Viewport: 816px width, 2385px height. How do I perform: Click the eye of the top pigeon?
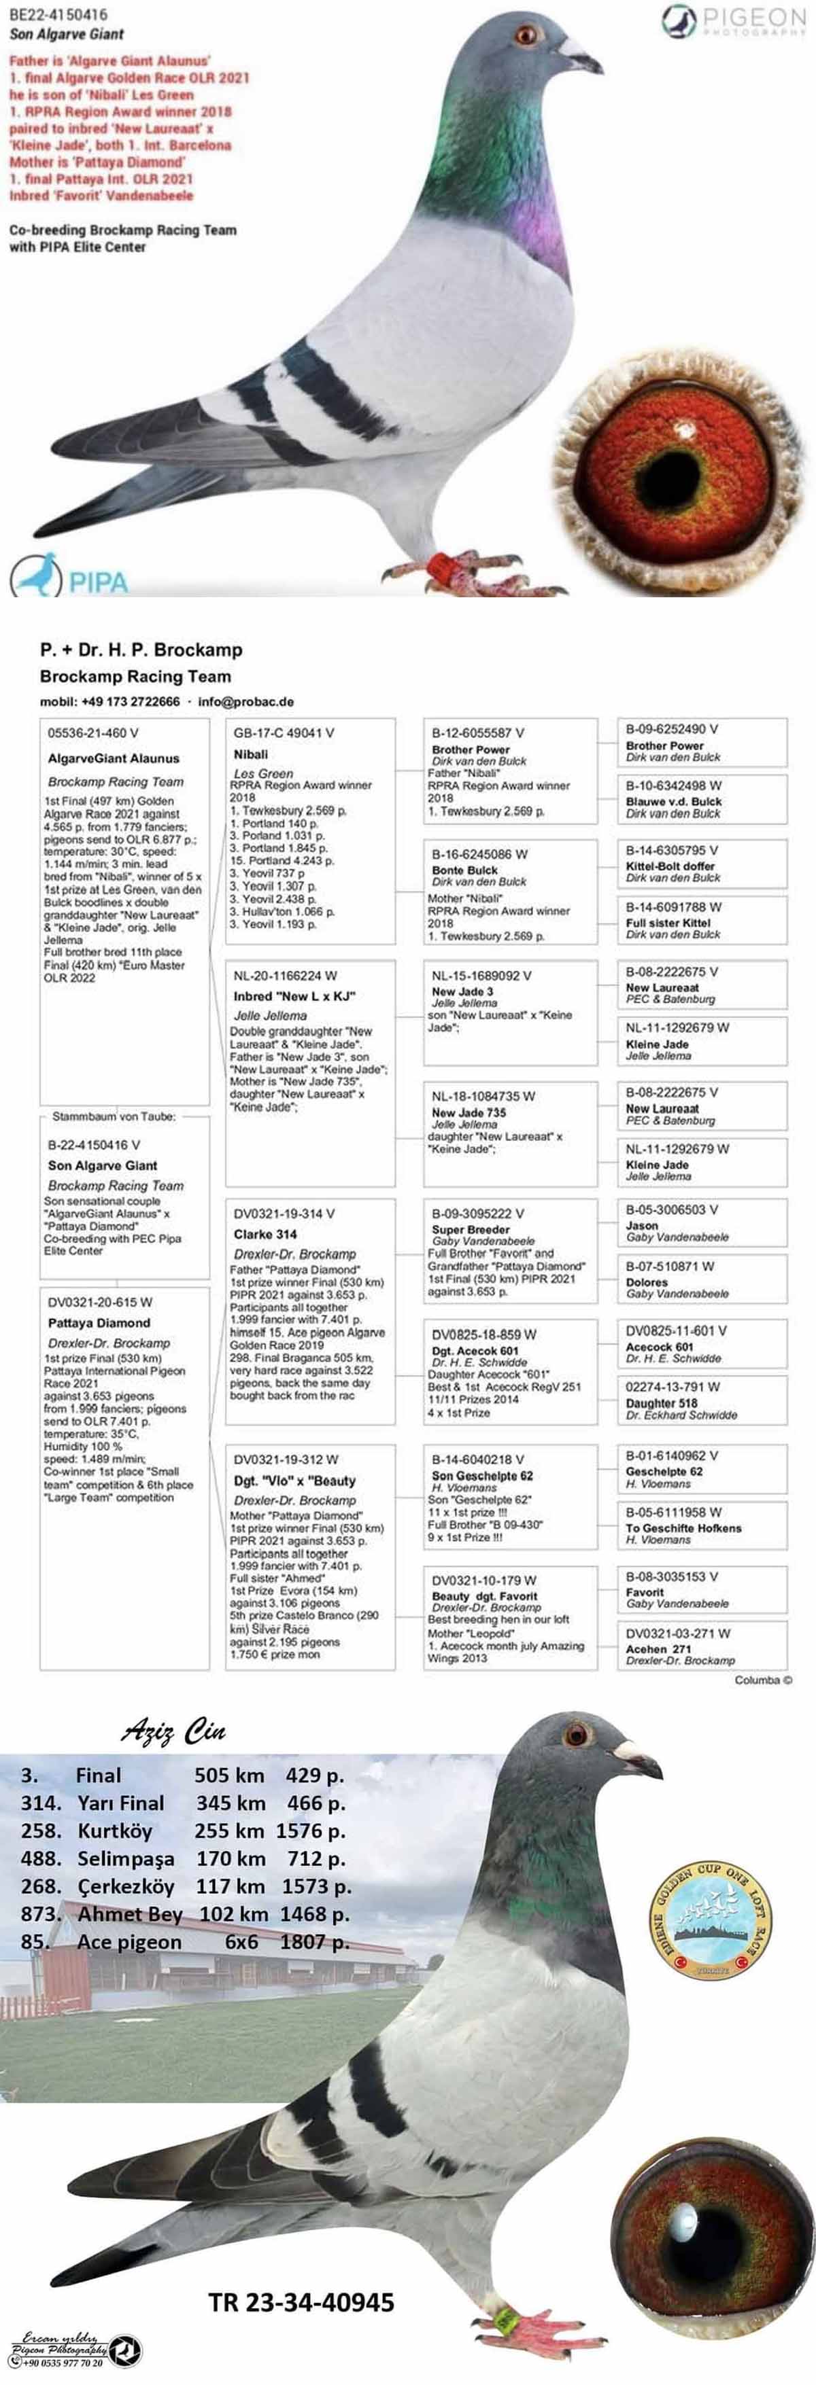[526, 35]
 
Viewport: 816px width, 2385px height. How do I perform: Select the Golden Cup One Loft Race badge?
[709, 1920]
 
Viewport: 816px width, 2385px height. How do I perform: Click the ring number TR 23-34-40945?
[301, 2301]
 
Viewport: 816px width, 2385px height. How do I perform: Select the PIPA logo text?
[97, 582]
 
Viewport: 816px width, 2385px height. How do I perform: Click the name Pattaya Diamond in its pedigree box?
[99, 1323]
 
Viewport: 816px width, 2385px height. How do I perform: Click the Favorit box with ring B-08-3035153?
[701, 1589]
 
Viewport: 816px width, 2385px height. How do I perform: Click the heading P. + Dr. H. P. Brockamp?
[141, 649]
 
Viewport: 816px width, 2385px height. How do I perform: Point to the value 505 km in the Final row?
[228, 1775]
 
